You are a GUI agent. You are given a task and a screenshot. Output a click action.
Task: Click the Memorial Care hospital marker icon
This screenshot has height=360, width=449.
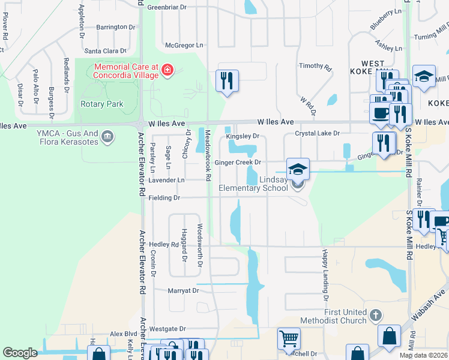pos(166,73)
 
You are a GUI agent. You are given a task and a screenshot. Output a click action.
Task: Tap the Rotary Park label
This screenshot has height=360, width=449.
pos(102,104)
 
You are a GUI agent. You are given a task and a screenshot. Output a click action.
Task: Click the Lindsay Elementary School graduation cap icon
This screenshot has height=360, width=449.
pos(298,169)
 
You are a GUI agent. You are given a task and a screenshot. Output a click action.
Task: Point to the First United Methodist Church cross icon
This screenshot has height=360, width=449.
pos(375,314)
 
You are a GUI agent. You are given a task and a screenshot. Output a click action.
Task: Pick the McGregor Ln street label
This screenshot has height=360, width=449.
pos(184,45)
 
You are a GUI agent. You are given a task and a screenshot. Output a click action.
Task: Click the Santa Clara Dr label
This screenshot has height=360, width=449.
pos(106,52)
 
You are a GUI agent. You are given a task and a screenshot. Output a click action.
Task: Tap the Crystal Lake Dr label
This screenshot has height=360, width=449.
pos(318,133)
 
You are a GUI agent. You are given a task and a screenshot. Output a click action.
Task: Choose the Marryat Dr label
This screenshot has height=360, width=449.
pos(183,290)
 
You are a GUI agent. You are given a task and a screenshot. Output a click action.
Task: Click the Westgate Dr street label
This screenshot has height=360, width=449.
pos(167,329)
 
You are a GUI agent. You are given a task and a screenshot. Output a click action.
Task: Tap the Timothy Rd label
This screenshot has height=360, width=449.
pos(315,67)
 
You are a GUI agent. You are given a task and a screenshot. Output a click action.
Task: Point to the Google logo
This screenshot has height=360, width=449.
pos(20,352)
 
